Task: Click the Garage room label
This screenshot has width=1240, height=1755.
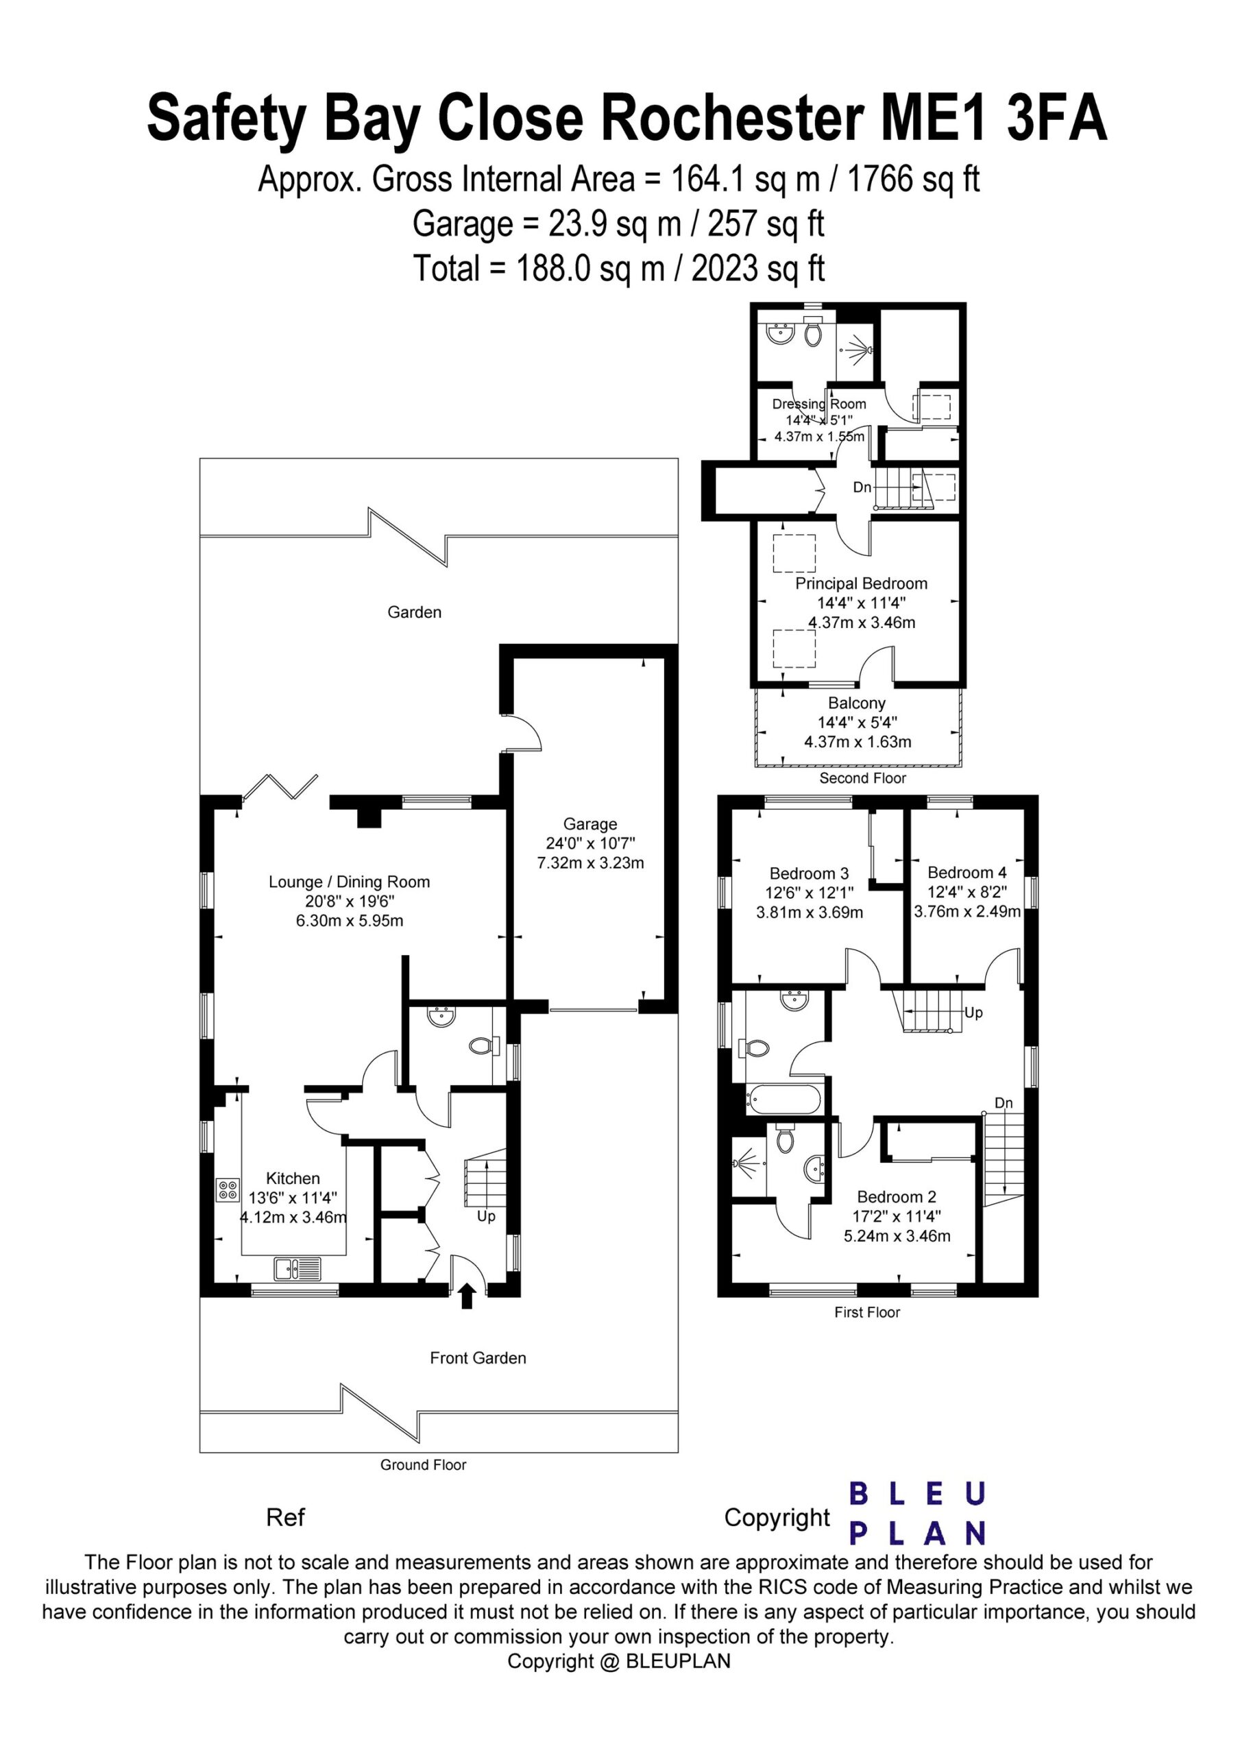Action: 589,824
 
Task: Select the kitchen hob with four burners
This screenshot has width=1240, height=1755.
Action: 228,1189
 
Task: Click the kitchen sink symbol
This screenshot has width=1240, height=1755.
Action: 299,1268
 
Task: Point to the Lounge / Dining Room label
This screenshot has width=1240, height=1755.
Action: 350,882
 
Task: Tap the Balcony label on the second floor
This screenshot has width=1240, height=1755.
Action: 857,703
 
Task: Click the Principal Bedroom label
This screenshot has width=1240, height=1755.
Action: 862,583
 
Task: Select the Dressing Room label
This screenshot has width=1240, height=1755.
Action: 820,404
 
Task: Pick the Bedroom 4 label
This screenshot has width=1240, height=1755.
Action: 967,872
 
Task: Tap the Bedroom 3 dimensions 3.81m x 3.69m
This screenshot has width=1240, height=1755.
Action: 810,912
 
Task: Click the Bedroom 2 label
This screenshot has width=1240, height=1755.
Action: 897,1197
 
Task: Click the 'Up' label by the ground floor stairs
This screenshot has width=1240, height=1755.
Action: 486,1215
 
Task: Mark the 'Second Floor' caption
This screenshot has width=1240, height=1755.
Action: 862,778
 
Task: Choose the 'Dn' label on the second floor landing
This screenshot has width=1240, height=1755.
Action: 862,486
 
